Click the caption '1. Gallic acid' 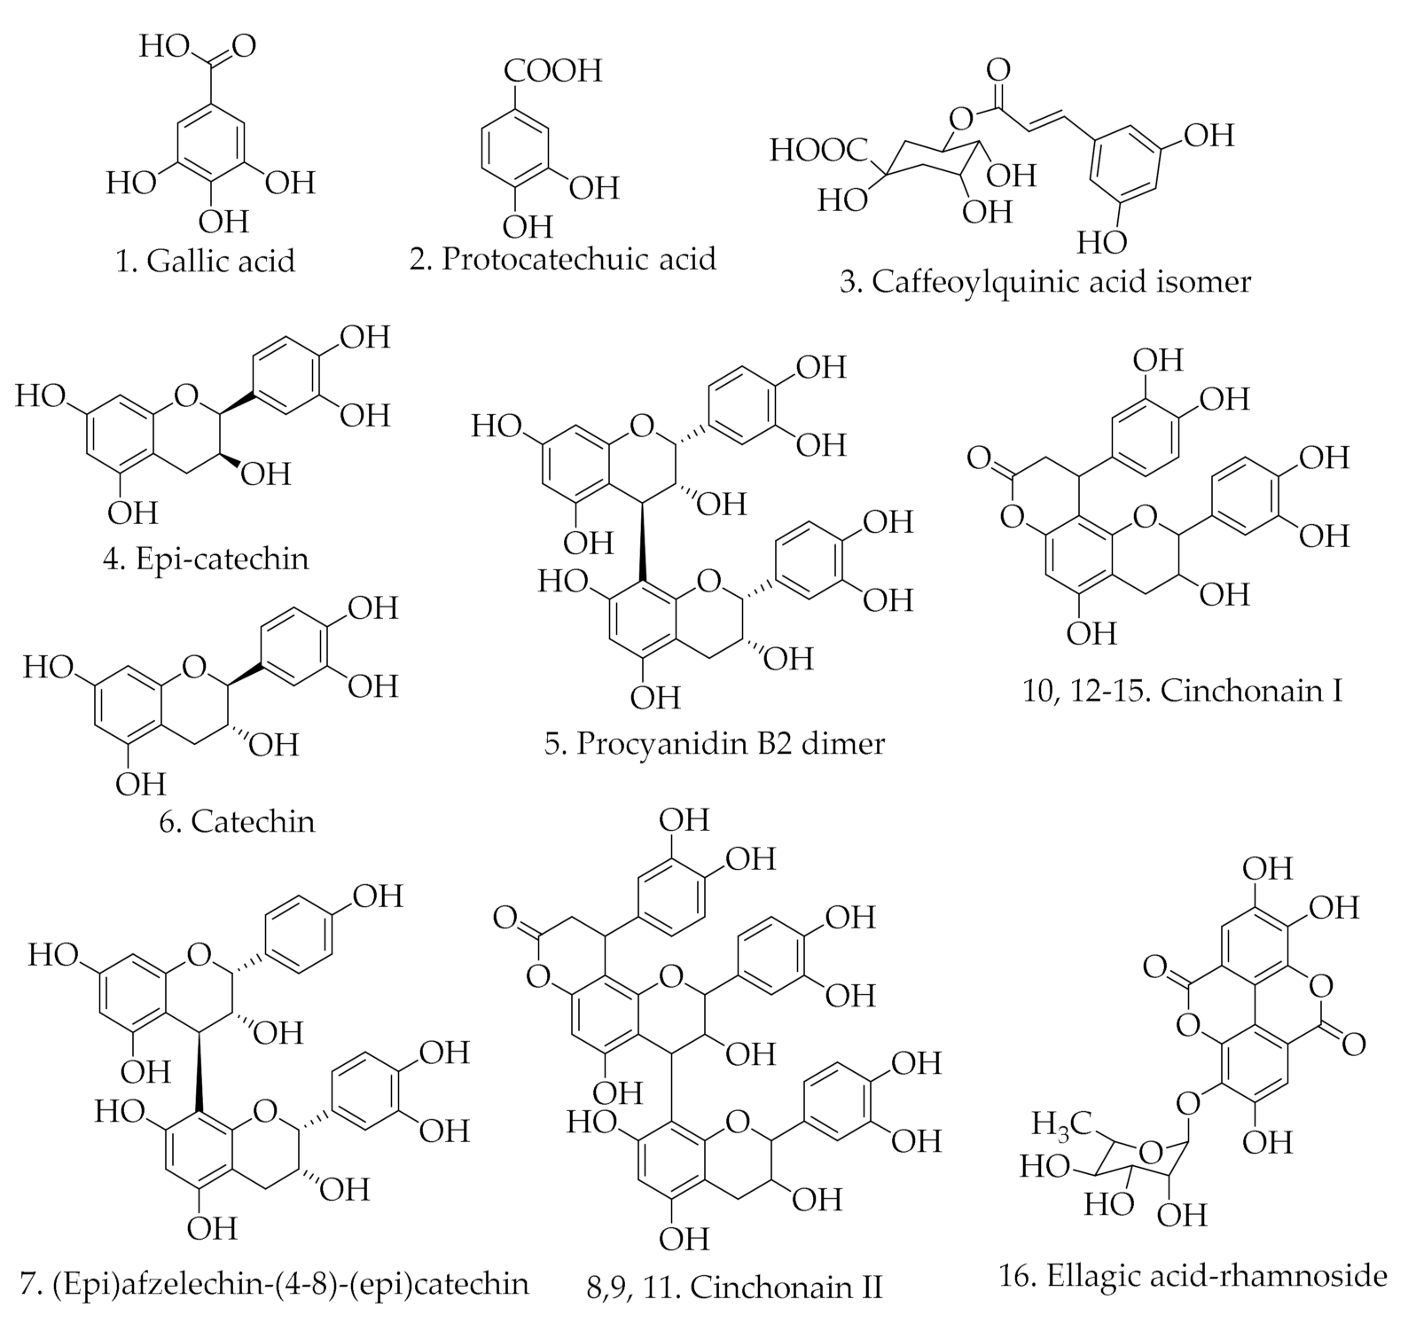(x=205, y=261)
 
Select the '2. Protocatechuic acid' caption (x=562, y=258)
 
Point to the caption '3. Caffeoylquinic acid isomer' (x=1045, y=282)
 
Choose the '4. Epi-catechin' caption (x=206, y=559)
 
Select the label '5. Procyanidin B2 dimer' (x=715, y=742)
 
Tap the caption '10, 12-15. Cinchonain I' (x=1183, y=690)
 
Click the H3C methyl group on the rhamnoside (x=1059, y=1123)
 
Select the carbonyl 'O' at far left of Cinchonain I (x=979, y=458)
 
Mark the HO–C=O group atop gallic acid (x=197, y=46)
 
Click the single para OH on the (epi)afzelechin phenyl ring (x=379, y=896)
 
